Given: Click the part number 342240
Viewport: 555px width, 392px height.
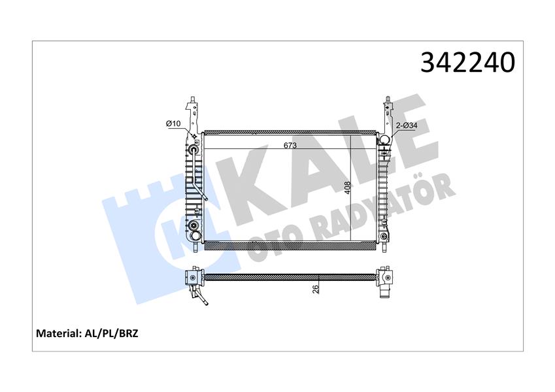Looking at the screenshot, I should pos(468,63).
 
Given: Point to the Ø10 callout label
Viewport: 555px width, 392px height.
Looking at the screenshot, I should pos(173,123).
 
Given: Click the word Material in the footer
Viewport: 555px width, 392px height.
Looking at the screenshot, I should pos(58,333).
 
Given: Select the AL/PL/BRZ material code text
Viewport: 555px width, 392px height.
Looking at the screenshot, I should pos(110,333).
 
